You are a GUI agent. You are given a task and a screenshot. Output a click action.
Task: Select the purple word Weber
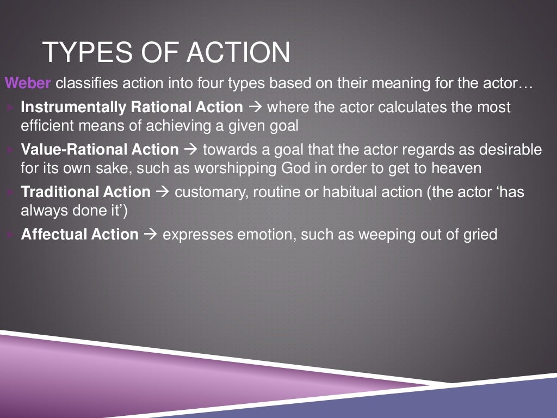28,84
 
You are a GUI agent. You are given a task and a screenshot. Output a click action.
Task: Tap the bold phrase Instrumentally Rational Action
132,107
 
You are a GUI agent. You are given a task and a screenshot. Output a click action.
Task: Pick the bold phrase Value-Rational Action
100,149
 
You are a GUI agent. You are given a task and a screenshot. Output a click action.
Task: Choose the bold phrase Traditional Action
85,192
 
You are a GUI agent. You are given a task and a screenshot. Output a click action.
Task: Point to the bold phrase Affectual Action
79,235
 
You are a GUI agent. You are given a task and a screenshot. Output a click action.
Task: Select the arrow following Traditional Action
162,192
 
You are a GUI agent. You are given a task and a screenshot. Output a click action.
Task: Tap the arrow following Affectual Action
151,235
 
